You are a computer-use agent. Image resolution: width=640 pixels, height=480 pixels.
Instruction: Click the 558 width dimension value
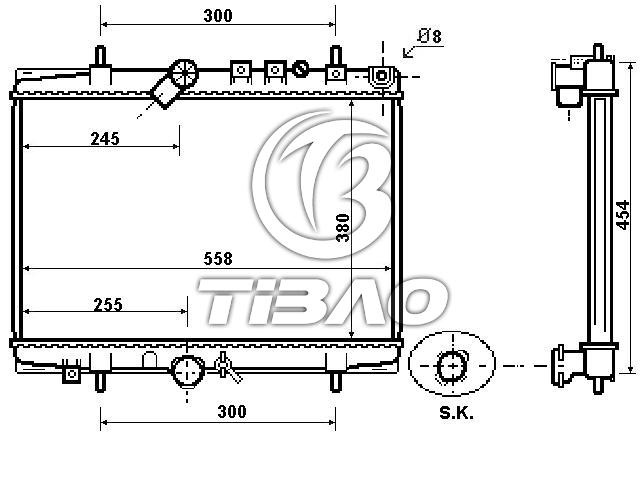pos(218,258)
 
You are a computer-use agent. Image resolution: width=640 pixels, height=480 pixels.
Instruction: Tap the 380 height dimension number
pos(343,228)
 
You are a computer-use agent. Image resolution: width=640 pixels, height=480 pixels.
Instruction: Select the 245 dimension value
pos(105,139)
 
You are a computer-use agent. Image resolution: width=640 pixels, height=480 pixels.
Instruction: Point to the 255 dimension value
pos(108,304)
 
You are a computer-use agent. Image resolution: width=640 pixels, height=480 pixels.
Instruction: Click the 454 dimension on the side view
pos(622,215)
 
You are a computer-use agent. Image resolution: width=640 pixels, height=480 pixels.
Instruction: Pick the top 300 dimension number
pos(218,16)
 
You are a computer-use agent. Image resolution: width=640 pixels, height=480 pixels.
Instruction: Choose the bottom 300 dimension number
pos(232,411)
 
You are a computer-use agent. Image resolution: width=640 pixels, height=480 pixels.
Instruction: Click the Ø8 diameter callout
pos(430,36)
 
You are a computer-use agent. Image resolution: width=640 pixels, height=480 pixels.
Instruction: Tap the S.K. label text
pos(456,413)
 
